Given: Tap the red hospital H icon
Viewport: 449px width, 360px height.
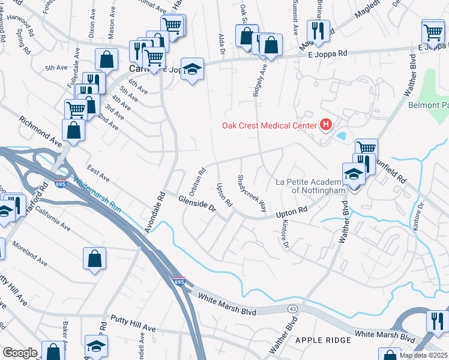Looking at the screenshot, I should (326, 125).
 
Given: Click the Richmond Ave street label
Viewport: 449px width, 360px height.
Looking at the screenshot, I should (41, 133).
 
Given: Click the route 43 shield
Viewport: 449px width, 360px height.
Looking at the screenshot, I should (292, 307).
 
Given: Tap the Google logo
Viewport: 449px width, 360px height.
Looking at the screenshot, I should (20, 353).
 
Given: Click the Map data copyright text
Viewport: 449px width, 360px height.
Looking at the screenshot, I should (424, 355).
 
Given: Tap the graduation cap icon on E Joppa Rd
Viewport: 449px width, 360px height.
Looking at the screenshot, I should (192, 68).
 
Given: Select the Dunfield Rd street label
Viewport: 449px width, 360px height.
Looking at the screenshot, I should (390, 170).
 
